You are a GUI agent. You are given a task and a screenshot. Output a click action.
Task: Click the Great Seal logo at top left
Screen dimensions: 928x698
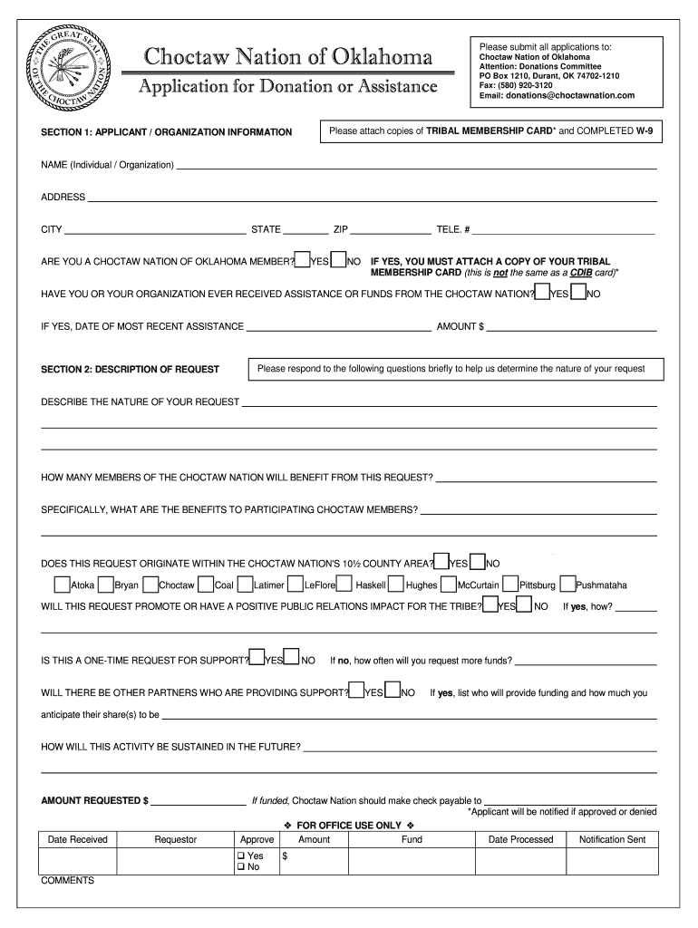click(72, 70)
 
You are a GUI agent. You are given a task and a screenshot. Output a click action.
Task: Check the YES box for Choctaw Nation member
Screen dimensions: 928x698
click(303, 260)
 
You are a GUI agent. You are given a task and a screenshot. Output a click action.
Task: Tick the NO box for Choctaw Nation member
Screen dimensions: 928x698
click(340, 260)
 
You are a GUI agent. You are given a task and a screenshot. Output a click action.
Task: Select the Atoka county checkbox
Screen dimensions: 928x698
click(62, 585)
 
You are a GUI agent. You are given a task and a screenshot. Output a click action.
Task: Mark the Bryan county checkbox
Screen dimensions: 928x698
click(106, 585)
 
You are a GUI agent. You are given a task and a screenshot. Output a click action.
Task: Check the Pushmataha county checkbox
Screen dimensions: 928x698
click(567, 585)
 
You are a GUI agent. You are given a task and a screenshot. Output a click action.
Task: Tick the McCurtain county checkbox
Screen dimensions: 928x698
click(449, 585)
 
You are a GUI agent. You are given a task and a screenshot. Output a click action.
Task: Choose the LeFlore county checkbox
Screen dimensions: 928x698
click(296, 585)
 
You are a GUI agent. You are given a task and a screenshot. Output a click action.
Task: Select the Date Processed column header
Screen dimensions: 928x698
click(520, 839)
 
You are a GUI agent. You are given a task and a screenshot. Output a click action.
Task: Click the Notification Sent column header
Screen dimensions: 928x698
click(612, 839)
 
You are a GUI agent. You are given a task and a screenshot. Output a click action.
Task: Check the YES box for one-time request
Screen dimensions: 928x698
click(257, 658)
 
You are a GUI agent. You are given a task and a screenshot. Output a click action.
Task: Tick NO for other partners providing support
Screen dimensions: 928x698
click(393, 691)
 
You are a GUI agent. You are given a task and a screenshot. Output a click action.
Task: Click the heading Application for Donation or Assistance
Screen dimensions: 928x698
click(286, 88)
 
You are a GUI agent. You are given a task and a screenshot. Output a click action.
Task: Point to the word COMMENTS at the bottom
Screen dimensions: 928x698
click(67, 880)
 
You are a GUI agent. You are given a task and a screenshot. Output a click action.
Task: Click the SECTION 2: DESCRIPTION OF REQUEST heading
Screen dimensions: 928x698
click(131, 369)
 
